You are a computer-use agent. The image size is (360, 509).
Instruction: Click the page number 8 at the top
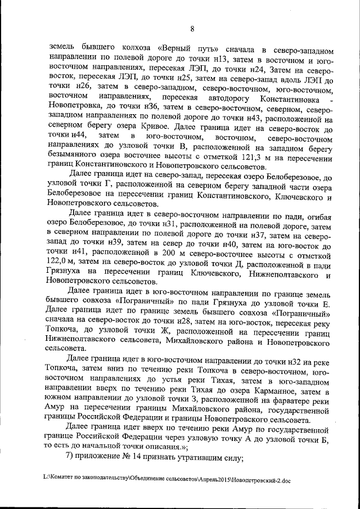[x=191, y=29]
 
